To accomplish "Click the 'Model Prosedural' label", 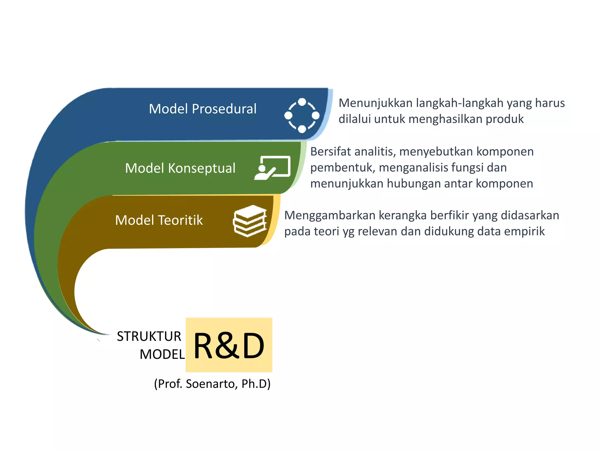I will coord(202,109).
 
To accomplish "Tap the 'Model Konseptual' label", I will coord(180,168).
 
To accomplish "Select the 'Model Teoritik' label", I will coord(159,220).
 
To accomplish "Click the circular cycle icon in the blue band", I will coord(302,115).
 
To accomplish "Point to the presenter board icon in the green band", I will coord(273,168).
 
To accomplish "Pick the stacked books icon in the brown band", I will coord(250,221).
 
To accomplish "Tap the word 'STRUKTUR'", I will coord(149,336).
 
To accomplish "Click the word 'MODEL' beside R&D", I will coord(162,354).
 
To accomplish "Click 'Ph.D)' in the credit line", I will coord(256,384).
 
